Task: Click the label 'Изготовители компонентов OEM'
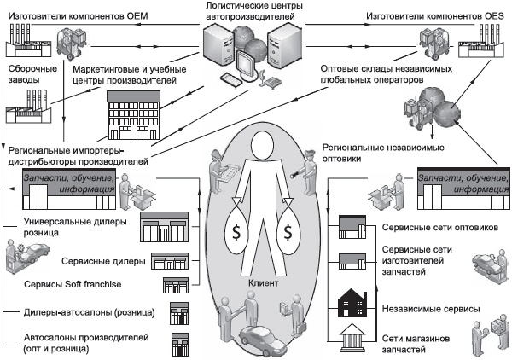coord(73,15)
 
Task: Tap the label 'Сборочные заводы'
coord(33,73)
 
